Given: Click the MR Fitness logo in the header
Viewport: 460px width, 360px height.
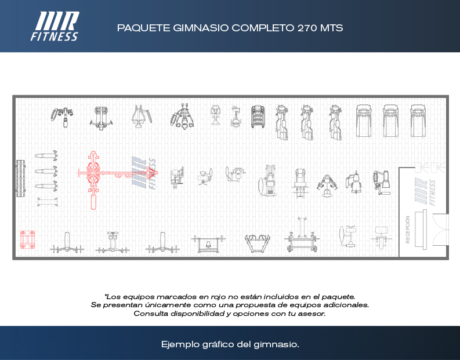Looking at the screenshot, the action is tap(55, 26).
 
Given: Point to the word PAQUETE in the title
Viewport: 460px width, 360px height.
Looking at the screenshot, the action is tap(144, 28).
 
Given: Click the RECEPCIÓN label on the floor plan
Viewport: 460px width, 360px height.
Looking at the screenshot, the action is tap(407, 230).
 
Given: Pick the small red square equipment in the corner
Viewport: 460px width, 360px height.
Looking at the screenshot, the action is tap(27, 239).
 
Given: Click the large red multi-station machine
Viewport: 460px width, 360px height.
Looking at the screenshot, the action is tap(117, 179).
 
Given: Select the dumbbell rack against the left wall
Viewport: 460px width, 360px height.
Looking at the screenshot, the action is tap(20, 178).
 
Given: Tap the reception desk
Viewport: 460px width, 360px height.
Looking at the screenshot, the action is tap(421, 230).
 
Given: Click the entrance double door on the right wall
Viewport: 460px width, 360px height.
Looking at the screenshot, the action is tap(441, 229).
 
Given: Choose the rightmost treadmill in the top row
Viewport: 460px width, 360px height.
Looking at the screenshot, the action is tap(418, 121).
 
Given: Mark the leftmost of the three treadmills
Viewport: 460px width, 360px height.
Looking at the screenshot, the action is tap(364, 121).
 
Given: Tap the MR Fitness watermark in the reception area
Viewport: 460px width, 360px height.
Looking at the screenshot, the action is tap(425, 192).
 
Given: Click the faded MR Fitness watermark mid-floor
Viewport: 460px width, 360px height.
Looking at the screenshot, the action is tap(144, 173).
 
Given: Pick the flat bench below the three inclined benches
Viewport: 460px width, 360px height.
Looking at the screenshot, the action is tap(47, 202).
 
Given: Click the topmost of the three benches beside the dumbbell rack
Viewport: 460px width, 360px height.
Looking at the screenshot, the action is tap(46, 155).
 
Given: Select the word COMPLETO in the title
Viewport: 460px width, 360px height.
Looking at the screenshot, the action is tap(263, 28).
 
